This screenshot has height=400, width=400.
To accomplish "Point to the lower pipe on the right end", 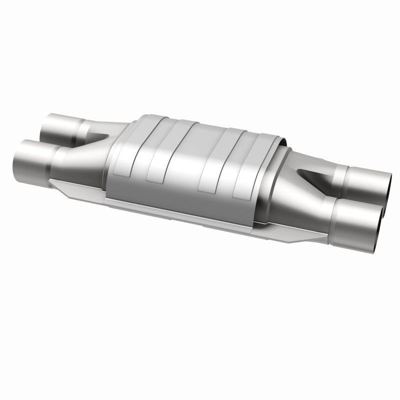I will coord(357,212).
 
